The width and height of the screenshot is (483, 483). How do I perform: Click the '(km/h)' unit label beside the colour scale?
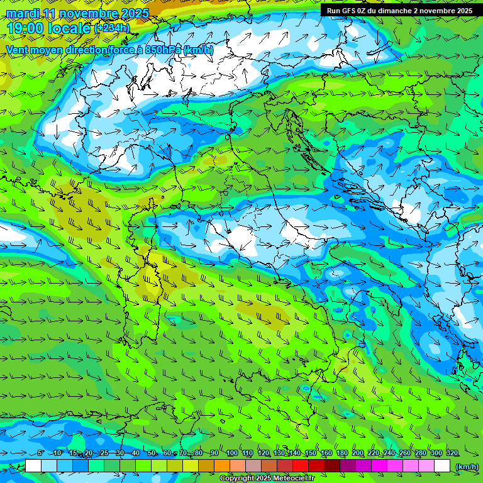466,467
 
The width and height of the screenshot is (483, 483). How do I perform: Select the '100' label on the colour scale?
231,453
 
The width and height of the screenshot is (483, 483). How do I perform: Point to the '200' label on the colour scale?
358,453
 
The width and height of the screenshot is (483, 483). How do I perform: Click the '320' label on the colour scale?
452,453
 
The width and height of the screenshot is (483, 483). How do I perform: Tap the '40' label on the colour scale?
136,453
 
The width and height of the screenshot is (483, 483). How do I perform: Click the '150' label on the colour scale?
311,453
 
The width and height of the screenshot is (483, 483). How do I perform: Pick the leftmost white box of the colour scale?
33,466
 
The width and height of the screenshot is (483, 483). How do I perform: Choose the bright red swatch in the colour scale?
301,466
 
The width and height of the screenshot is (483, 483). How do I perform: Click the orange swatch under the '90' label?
222,466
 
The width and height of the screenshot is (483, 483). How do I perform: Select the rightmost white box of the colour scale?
442,466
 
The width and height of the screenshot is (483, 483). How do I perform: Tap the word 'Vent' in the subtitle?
18,50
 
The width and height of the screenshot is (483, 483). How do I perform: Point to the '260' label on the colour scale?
405,453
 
